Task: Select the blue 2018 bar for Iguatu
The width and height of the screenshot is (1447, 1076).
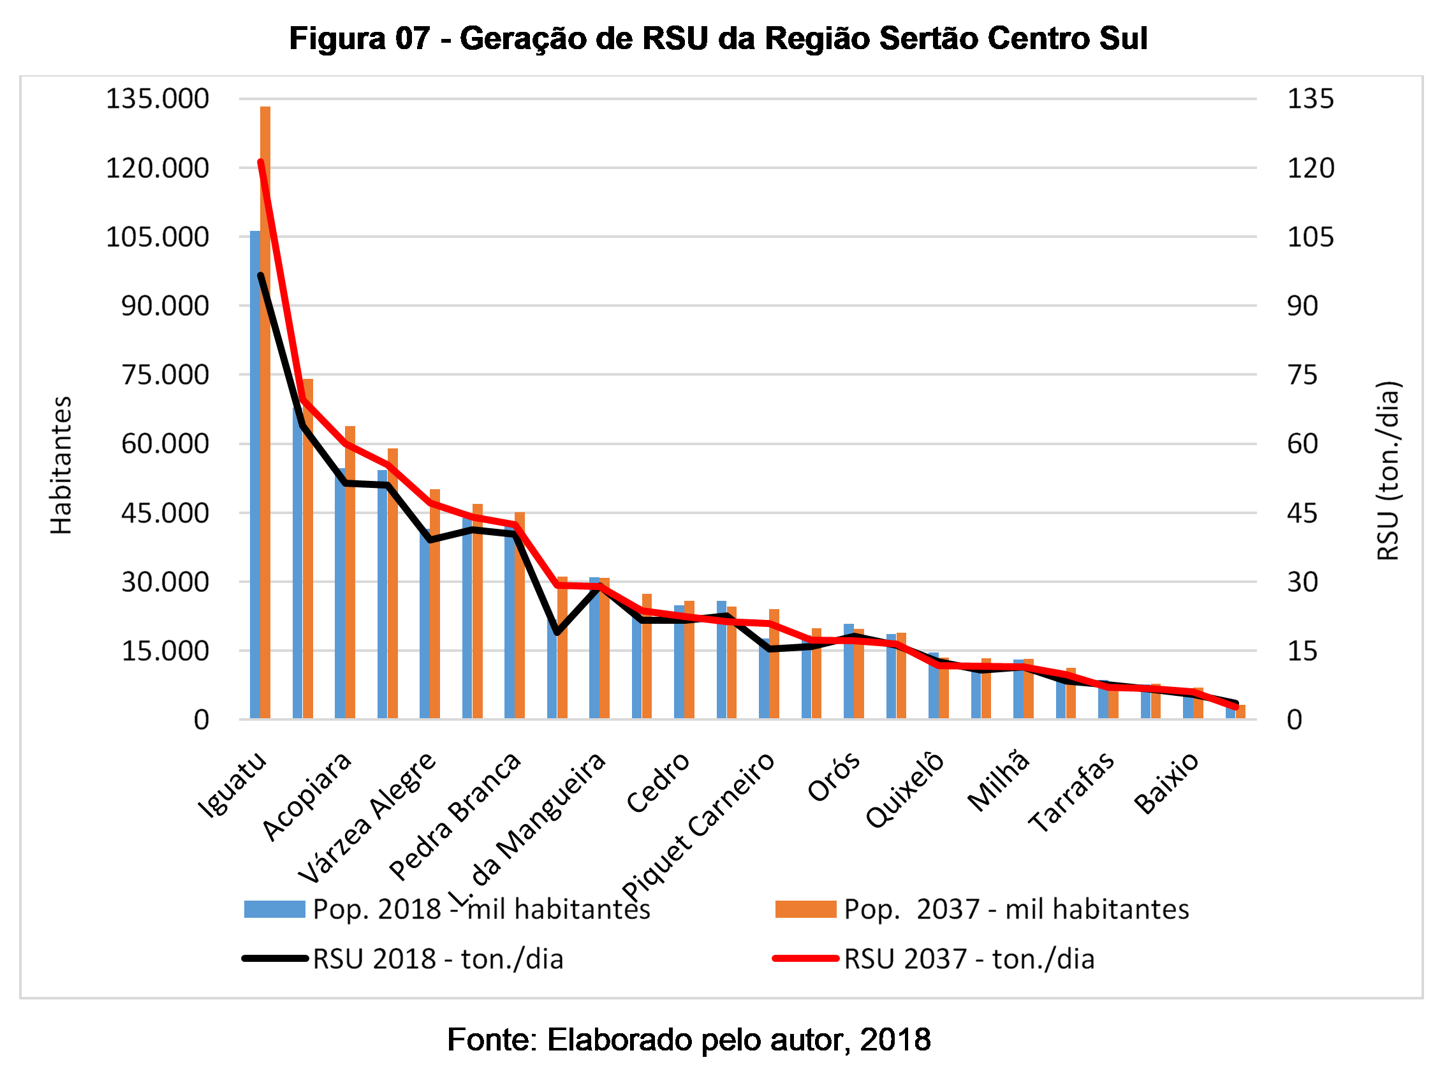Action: (x=255, y=475)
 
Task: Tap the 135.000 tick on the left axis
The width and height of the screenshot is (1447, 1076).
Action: (x=157, y=99)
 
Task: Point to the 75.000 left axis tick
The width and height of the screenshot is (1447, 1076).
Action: (x=165, y=375)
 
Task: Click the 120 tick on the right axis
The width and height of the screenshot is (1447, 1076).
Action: (x=1311, y=168)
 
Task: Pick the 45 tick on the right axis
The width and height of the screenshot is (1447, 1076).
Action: (x=1302, y=513)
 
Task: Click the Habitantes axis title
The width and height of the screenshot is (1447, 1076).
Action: (x=61, y=465)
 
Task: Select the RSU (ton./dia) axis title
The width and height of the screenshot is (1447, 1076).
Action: (x=1388, y=470)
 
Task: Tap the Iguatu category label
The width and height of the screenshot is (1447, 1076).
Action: (x=233, y=785)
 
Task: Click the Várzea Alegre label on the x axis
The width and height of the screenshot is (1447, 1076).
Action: (x=367, y=817)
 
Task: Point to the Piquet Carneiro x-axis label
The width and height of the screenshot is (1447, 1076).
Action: (x=698, y=825)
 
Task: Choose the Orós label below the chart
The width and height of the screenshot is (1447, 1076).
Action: (x=834, y=777)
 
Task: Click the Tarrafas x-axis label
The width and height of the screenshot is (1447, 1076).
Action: (x=1071, y=792)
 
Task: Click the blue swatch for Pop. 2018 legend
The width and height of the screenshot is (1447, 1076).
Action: (x=274, y=910)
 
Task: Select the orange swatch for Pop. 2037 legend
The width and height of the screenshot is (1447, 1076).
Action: (x=805, y=910)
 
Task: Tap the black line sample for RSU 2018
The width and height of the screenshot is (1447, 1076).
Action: (x=274, y=959)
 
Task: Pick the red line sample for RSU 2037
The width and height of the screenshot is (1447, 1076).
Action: (x=805, y=959)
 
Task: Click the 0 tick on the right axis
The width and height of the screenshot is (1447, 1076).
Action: (x=1294, y=719)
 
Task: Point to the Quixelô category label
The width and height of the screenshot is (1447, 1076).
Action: (x=905, y=790)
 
